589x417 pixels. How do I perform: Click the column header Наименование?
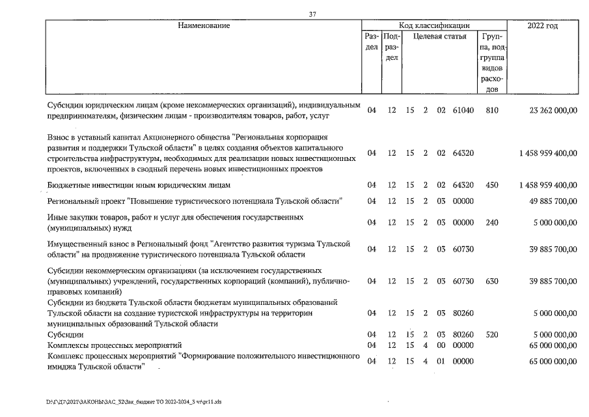pos(204,25)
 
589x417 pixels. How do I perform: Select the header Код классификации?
pos(434,25)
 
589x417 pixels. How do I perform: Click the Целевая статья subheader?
pos(440,36)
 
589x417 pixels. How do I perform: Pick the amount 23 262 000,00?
pos(548,111)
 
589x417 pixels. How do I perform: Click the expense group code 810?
pos(492,111)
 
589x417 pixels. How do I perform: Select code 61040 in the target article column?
pos(463,111)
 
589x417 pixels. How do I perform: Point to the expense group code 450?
pos(492,185)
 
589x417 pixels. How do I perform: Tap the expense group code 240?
pos(492,222)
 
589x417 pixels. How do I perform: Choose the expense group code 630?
pos(492,281)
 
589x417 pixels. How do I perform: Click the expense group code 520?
pos(492,334)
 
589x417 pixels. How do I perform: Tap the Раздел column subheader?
pos(372,42)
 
